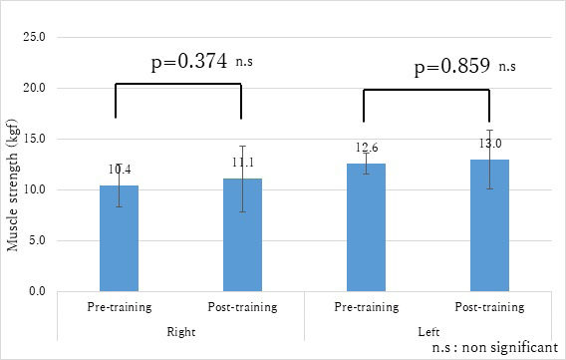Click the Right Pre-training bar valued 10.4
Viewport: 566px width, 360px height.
(x=119, y=238)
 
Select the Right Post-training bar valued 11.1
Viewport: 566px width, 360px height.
(x=241, y=234)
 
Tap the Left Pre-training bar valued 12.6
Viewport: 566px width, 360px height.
(x=366, y=227)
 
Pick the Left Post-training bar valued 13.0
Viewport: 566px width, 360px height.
(x=488, y=225)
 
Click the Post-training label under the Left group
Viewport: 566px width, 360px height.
(x=488, y=306)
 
